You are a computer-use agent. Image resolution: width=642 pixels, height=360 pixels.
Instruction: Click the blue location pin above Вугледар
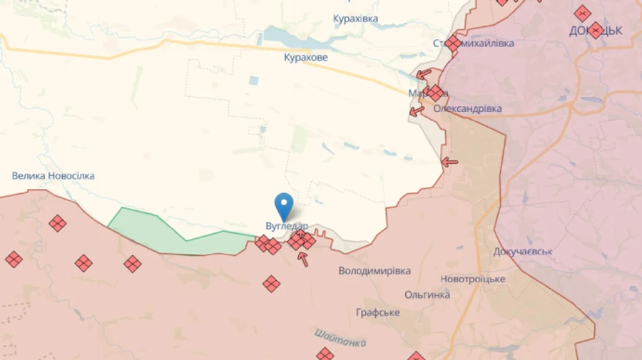click(285, 205)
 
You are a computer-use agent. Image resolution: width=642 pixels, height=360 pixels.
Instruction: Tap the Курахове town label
click(305, 57)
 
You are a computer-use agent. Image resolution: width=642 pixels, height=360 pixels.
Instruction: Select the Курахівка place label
click(356, 19)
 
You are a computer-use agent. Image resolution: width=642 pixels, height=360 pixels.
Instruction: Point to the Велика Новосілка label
click(53, 175)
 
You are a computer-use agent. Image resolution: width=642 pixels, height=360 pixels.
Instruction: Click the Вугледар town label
click(286, 226)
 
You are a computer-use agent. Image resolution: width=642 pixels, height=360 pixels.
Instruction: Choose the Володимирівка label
click(374, 271)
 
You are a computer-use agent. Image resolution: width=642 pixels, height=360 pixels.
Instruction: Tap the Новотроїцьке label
click(473, 279)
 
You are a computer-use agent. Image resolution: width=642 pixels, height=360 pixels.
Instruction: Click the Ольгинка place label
click(427, 294)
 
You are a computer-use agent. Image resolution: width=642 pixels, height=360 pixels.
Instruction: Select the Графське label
click(378, 312)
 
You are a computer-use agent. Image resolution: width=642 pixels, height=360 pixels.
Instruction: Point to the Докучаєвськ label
click(523, 252)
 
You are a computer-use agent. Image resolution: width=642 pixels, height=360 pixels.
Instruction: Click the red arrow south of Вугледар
click(303, 259)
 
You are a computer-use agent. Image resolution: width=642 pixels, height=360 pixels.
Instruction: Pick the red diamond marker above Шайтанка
click(325, 354)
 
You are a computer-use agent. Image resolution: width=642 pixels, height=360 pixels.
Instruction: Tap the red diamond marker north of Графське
click(271, 284)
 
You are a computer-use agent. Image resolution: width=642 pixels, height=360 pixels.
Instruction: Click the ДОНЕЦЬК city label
click(596, 31)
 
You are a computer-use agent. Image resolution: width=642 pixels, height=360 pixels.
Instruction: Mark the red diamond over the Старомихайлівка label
click(453, 43)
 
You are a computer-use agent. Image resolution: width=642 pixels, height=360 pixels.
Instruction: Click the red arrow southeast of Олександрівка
click(449, 163)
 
